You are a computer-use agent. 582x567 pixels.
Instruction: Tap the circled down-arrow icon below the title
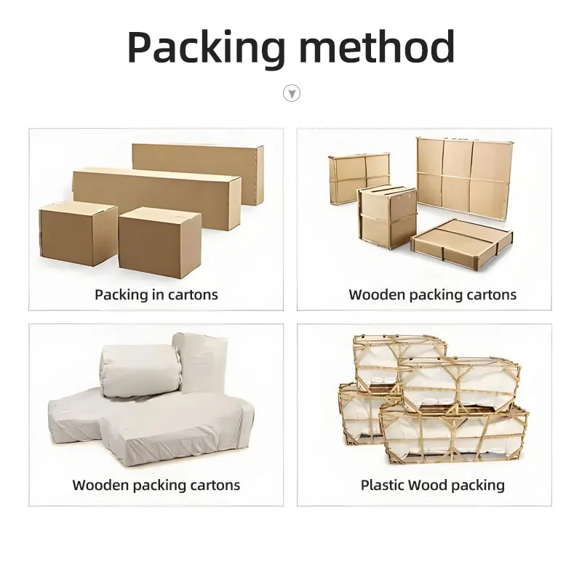pyautogui.click(x=291, y=93)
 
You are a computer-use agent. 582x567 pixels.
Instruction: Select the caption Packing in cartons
pyautogui.click(x=156, y=294)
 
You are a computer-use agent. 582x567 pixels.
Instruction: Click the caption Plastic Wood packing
pyautogui.click(x=432, y=485)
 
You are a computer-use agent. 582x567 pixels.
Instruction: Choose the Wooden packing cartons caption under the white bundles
pyautogui.click(x=156, y=485)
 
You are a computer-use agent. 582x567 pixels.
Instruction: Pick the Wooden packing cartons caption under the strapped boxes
pyautogui.click(x=432, y=294)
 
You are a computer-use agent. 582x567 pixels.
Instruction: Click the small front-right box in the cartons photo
pyautogui.click(x=159, y=242)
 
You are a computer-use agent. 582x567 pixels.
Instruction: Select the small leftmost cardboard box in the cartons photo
pyautogui.click(x=77, y=232)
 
